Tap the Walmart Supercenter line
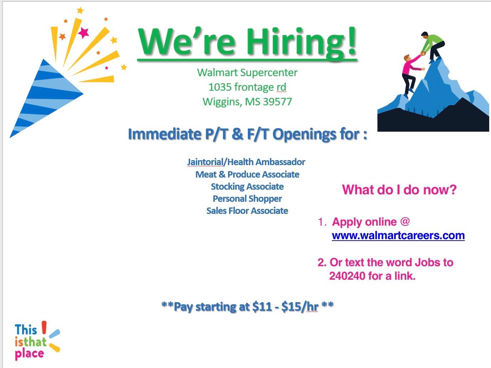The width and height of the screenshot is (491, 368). (x=247, y=73)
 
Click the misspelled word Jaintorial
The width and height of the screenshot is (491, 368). (x=205, y=162)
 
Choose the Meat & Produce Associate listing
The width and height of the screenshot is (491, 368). (x=247, y=174)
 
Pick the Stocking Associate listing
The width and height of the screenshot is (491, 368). (x=247, y=187)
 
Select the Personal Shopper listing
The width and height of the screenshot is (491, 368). (x=247, y=199)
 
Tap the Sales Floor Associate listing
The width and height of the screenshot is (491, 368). (x=247, y=211)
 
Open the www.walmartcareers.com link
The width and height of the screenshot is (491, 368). (x=398, y=235)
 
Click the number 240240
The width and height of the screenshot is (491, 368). (x=347, y=276)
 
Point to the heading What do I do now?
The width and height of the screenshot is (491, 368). (x=399, y=190)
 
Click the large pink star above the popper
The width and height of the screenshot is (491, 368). (x=83, y=33)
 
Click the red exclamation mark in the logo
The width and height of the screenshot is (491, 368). (x=44, y=327)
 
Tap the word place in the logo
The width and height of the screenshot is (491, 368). (x=29, y=354)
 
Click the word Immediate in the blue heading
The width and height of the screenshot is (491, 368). (x=164, y=134)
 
